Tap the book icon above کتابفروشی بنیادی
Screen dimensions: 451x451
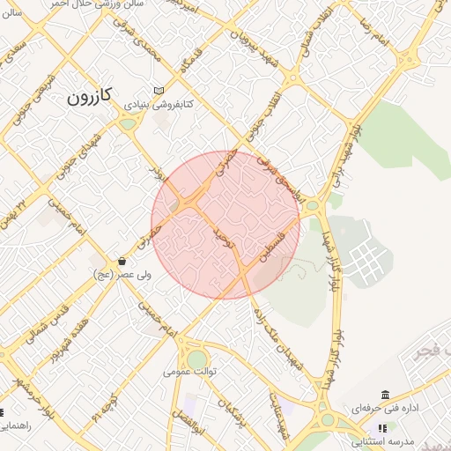(x=159, y=90)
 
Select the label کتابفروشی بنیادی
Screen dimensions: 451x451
(x=156, y=104)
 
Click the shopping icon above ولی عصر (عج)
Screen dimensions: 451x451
(x=121, y=262)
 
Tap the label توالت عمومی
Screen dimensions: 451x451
(x=189, y=372)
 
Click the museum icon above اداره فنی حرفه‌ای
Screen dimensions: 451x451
(x=385, y=395)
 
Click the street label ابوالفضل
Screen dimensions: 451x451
(x=189, y=425)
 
